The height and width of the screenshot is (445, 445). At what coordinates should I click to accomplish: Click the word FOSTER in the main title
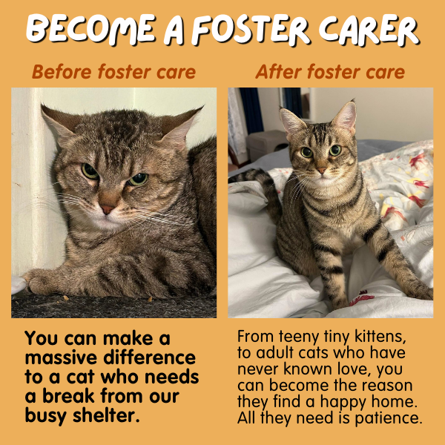[251, 30]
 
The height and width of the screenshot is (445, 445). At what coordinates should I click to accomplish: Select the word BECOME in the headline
[91, 29]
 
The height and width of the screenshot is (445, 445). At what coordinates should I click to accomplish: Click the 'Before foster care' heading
[113, 71]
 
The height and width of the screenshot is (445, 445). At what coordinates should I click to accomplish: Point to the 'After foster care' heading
[330, 71]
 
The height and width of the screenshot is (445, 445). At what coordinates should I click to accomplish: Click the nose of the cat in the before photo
[107, 209]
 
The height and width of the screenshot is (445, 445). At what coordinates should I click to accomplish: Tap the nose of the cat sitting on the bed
[321, 171]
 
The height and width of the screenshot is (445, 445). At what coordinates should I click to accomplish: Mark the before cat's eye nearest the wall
[90, 171]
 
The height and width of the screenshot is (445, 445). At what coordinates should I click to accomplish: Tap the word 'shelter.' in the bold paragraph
[106, 416]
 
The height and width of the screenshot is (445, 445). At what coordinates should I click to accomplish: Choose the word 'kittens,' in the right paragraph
[380, 336]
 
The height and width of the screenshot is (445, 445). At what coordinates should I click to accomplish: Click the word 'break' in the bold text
[68, 396]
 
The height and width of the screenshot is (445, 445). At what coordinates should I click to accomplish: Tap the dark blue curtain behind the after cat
[251, 111]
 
